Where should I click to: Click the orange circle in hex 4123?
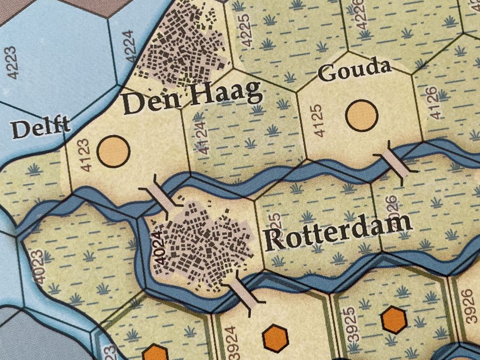[x=113, y=150]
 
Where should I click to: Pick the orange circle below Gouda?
[x=361, y=115]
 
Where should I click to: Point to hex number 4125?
[x=318, y=121]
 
